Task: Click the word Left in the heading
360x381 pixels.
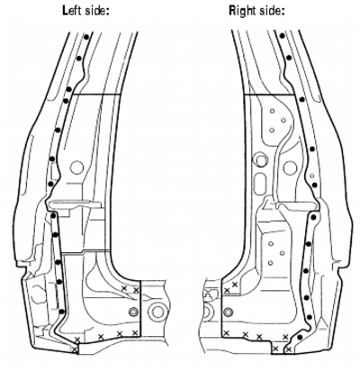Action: (72, 11)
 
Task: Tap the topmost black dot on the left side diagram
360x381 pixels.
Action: (86, 37)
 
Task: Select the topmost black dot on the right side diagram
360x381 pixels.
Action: (282, 36)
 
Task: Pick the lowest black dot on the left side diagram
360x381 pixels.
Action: (61, 312)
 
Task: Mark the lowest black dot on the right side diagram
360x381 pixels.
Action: (299, 337)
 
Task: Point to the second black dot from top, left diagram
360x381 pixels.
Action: (79, 58)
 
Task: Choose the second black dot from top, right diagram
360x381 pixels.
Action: (289, 58)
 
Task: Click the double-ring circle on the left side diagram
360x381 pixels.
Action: (133, 312)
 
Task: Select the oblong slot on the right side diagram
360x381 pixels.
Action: (260, 182)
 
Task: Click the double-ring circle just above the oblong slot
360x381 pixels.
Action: (261, 159)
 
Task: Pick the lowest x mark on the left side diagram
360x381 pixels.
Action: (75, 349)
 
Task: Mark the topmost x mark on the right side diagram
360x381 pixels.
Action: (235, 285)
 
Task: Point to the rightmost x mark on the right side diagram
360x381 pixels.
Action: (289, 349)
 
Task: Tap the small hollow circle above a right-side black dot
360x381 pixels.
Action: (312, 176)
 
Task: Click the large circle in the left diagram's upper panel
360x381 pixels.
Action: (76, 168)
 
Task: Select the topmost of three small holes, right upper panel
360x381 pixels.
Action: (272, 111)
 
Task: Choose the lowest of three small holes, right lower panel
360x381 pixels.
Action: (271, 263)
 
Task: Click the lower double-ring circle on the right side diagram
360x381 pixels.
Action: (229, 312)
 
